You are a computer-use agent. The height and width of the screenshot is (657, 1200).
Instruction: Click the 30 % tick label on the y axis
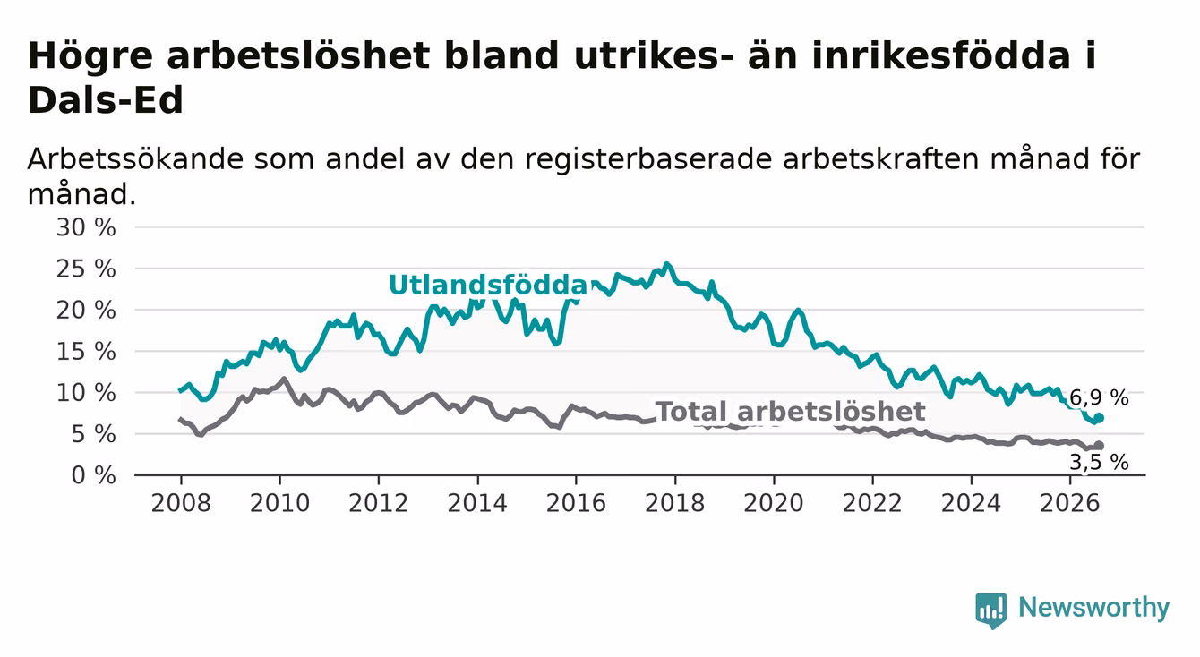click(x=86, y=227)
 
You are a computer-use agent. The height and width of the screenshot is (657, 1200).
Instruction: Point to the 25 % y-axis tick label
click(x=86, y=269)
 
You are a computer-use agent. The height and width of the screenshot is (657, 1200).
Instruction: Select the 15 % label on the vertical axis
click(x=86, y=352)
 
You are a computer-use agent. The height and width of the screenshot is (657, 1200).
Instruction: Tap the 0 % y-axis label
click(x=93, y=475)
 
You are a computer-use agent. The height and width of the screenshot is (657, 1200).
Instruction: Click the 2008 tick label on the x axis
click(x=181, y=504)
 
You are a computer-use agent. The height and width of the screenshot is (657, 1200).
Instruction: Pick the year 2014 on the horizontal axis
click(x=477, y=504)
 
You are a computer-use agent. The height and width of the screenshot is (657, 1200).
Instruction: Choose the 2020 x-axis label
click(x=774, y=504)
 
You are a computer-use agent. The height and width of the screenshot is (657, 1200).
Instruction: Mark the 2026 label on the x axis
click(x=1070, y=504)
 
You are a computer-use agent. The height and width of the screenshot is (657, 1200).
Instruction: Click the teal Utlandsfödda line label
click(x=488, y=285)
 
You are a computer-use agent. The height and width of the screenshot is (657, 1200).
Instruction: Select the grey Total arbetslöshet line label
click(x=790, y=412)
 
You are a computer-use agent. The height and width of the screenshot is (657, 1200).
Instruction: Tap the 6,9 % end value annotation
click(x=1099, y=397)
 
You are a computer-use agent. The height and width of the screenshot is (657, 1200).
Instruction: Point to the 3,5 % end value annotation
click(x=1099, y=462)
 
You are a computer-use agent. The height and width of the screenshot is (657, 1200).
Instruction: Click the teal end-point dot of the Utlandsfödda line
click(x=1099, y=418)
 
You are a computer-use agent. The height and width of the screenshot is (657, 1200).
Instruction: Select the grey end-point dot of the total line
click(x=1099, y=446)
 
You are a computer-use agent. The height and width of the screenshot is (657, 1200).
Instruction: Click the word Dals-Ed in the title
click(x=106, y=99)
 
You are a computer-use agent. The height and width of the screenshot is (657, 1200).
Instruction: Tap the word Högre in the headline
click(x=90, y=56)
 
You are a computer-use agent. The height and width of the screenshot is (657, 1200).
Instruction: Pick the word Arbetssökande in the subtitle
click(x=135, y=159)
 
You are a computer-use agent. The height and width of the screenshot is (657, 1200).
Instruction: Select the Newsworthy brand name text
click(x=1094, y=608)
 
